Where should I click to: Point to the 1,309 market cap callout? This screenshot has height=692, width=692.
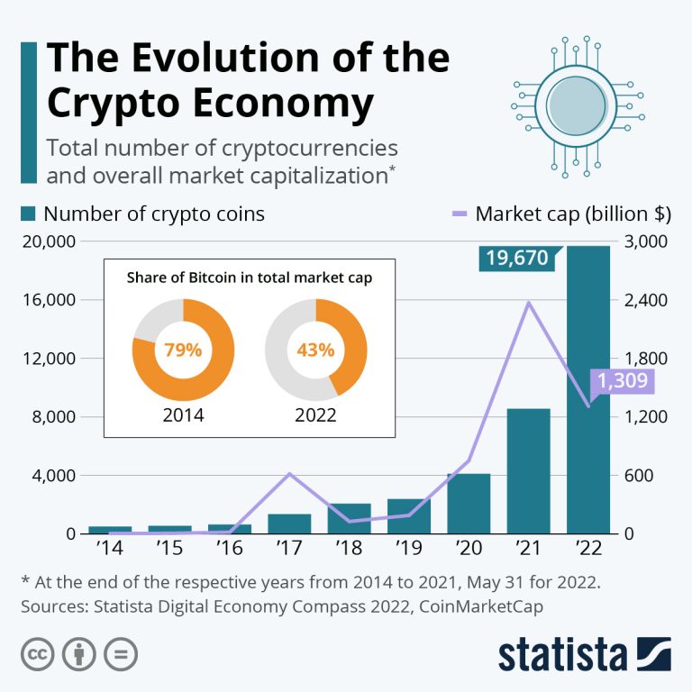point(622,381)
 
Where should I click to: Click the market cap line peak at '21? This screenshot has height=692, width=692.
point(528,302)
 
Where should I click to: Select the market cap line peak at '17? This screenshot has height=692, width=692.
point(289,473)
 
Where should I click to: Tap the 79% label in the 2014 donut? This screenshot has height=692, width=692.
point(183,350)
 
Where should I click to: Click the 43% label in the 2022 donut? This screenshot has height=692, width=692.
point(316,350)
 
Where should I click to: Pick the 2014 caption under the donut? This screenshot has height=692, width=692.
point(183,415)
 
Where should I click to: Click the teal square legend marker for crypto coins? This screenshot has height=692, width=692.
point(28,214)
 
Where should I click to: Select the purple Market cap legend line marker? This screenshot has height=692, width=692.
point(458,214)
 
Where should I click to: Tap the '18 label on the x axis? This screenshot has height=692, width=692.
point(349,547)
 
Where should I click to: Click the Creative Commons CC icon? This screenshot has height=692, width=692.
point(37,654)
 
